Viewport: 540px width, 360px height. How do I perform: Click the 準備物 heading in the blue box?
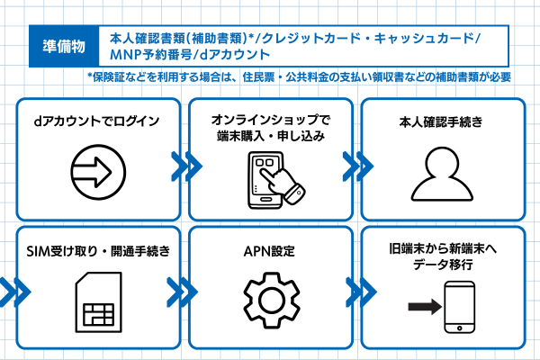[x=64, y=46]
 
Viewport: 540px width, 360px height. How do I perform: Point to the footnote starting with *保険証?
[x=299, y=77]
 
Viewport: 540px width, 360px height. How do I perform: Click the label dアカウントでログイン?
[x=97, y=121]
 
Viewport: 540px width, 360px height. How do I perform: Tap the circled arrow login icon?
[x=98, y=172]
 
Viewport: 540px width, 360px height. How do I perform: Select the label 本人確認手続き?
[x=441, y=122]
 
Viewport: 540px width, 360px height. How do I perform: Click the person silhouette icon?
[x=442, y=174]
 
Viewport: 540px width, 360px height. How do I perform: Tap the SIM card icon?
[x=99, y=302]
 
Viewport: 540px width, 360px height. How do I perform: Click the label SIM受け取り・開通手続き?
[x=98, y=251]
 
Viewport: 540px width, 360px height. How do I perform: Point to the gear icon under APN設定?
[x=272, y=300]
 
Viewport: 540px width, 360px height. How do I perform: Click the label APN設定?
[x=269, y=251]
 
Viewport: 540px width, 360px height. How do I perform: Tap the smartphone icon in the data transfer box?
[x=459, y=307]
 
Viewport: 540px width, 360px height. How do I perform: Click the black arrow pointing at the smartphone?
[x=425, y=307]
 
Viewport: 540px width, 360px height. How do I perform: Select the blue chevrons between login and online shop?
[x=186, y=166]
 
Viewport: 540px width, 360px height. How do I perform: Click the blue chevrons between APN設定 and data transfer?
[x=361, y=292]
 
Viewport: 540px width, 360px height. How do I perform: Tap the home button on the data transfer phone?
[x=459, y=328]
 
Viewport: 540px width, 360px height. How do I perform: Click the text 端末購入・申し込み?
[x=271, y=137]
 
